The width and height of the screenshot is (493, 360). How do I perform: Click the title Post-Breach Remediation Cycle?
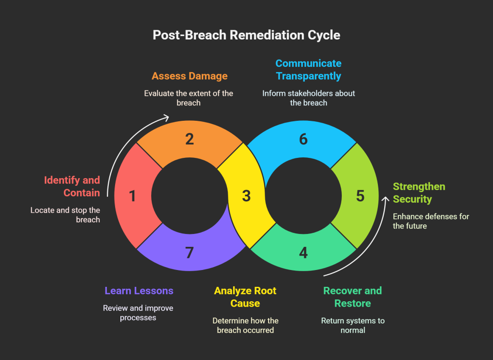(x=246, y=35)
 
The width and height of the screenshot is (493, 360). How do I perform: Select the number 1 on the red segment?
(x=132, y=196)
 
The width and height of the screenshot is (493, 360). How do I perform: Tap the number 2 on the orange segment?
(x=189, y=139)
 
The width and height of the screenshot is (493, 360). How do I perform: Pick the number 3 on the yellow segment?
(x=246, y=196)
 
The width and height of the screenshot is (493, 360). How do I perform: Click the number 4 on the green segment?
(x=303, y=253)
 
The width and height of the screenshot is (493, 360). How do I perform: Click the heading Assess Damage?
(x=189, y=76)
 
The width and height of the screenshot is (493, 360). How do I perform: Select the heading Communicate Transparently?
(x=308, y=70)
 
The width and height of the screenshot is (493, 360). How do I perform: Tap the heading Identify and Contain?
(x=72, y=186)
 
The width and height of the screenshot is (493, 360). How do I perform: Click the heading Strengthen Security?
(x=412, y=193)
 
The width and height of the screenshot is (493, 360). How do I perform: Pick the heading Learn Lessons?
(x=139, y=291)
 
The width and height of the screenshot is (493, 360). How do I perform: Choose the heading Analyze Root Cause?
(x=245, y=297)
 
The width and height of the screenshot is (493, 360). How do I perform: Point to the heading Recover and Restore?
(x=352, y=297)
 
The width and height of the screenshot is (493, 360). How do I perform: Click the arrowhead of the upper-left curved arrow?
(x=166, y=117)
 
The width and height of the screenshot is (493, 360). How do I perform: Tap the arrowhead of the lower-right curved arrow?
(x=385, y=199)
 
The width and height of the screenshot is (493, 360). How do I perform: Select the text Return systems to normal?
(x=352, y=326)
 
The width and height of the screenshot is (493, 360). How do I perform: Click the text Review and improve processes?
(x=138, y=313)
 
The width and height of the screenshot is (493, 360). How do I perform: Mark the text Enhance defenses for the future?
(x=430, y=221)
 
